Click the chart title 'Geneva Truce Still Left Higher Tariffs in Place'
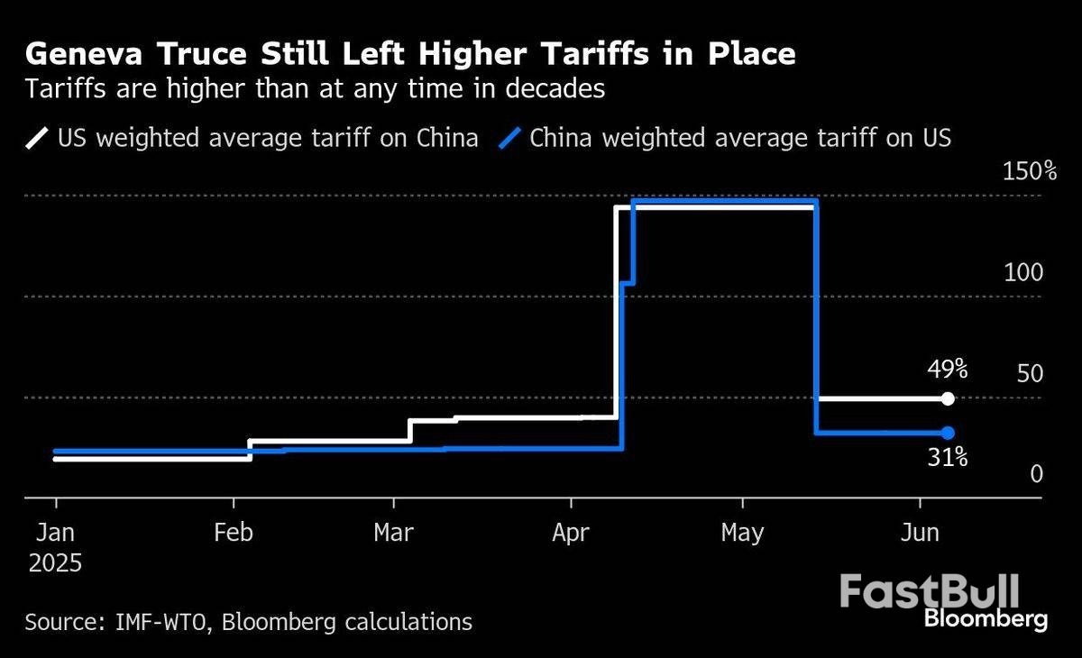410,55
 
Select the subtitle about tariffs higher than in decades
315,90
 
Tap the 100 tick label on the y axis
1022,272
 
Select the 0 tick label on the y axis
1036,474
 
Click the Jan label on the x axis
56,533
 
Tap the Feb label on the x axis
233,533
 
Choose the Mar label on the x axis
393,533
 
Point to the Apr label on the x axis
570,533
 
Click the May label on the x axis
742,533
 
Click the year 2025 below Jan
55,564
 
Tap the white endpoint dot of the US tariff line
947,398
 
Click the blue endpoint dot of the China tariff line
947,433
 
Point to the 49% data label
948,370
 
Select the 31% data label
948,459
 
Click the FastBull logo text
929,591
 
